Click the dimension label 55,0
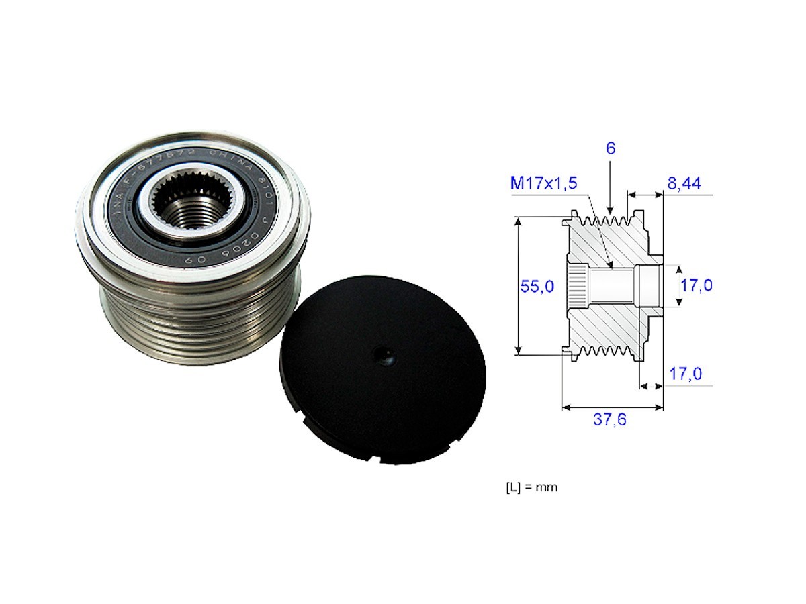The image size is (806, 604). (x=537, y=286)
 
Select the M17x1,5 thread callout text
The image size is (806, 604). (x=543, y=183)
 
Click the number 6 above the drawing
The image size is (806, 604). (x=610, y=150)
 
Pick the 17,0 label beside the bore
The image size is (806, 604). (x=696, y=286)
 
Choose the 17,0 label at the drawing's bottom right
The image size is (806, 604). (x=686, y=373)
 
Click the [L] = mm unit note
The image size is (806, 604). (x=531, y=487)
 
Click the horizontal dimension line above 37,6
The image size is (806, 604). (x=612, y=407)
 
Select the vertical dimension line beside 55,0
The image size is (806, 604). (x=518, y=285)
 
